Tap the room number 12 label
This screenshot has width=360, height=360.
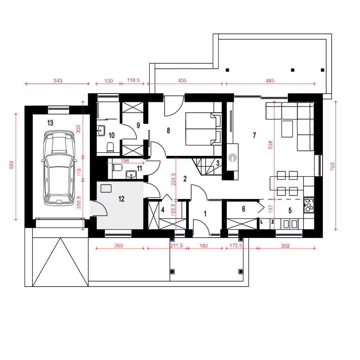pos(121,199)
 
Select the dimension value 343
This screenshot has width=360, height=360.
pos(58,81)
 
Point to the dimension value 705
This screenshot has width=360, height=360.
pos(333,166)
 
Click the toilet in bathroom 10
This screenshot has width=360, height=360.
pos(111,147)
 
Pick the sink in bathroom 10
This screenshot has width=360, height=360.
pos(101,131)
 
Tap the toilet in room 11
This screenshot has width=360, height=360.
pos(117,168)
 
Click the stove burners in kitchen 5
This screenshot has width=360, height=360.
pos(309,205)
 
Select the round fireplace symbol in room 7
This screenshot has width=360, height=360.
pos(232,158)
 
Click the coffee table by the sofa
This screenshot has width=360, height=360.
pos(287,129)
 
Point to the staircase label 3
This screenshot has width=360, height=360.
pos(218,163)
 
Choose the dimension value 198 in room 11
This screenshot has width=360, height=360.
pos(125,161)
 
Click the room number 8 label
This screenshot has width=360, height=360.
pos(168,131)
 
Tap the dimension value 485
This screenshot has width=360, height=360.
pos(270,81)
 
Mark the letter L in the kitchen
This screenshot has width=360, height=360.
pos(261,222)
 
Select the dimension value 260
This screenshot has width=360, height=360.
pos(119,246)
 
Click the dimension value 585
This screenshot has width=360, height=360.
pos(11,165)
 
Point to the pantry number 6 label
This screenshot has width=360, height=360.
pos(243,209)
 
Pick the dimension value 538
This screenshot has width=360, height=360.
pos(270,145)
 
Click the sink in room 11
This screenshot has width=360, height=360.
pos(131,175)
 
